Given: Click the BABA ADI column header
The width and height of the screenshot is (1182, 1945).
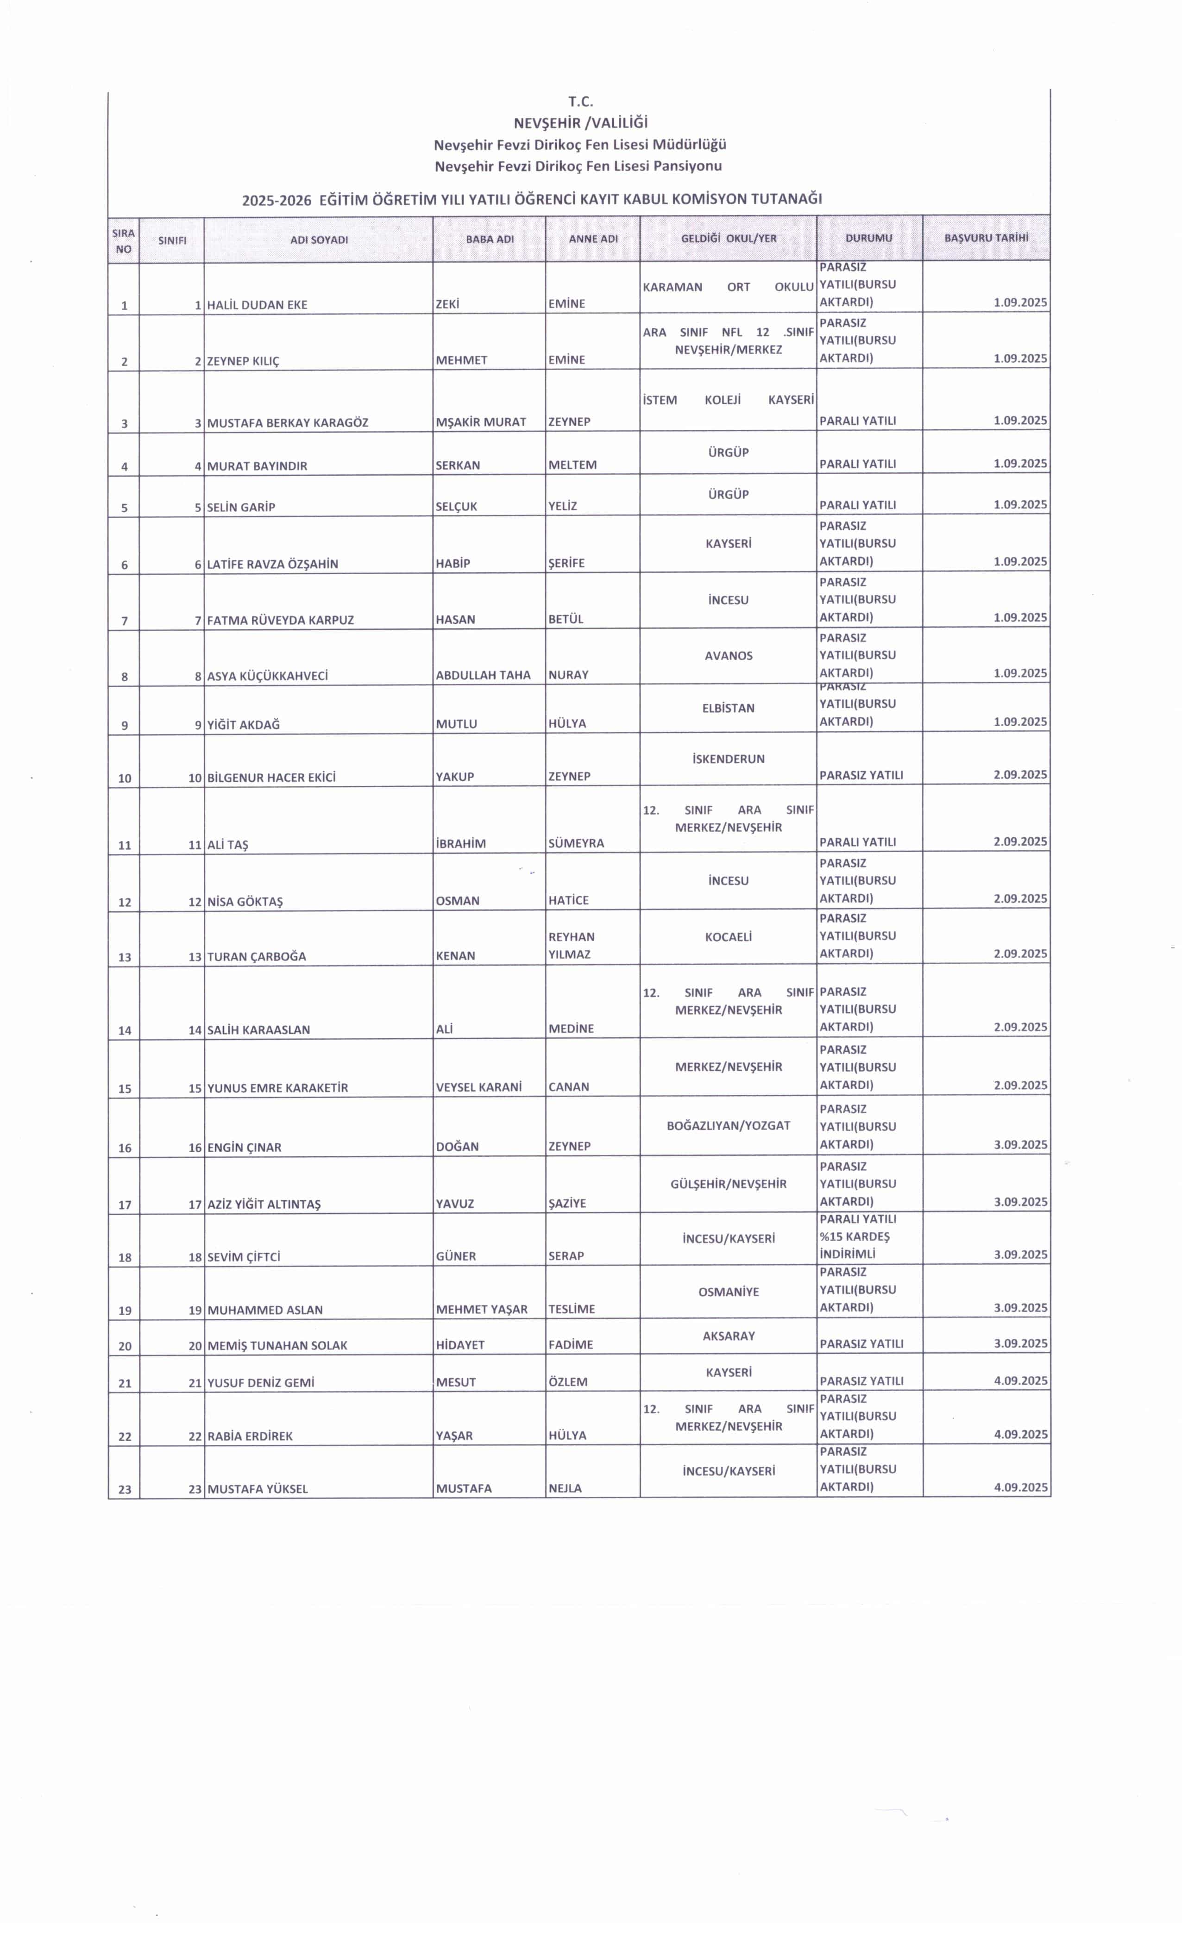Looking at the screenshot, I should (490, 239).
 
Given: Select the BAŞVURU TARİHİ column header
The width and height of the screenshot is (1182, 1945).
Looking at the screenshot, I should (986, 238).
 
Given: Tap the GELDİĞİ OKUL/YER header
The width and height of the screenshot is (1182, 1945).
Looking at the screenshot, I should (728, 238).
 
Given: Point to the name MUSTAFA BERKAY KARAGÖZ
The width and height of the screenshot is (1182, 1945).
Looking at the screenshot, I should (288, 422).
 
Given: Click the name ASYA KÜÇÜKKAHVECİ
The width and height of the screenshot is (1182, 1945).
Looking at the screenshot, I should (267, 676).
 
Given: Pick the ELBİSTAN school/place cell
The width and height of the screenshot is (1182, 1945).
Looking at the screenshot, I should (728, 708).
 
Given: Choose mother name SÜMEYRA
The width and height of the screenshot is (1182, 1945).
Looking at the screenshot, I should (576, 843).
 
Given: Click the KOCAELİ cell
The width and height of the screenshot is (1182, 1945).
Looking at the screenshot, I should (728, 937).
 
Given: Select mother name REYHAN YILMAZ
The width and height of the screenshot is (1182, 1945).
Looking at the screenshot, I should (571, 946).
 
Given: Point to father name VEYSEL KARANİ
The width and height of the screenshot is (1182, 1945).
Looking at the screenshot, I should (478, 1087).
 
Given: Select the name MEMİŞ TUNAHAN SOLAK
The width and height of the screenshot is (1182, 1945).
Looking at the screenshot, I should (277, 1345).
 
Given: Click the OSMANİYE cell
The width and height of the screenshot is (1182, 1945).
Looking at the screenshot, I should (728, 1292).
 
